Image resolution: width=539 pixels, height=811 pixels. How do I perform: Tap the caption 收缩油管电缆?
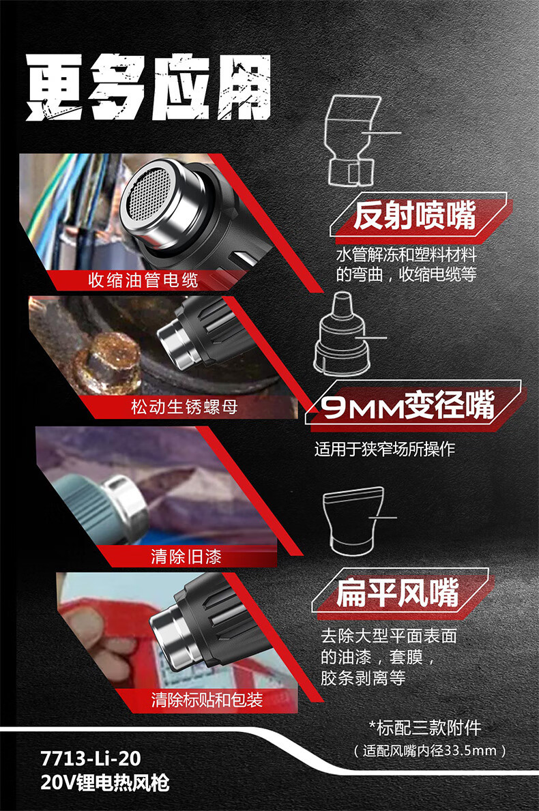(143, 280)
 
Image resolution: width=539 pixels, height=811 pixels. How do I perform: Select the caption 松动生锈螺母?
(184, 407)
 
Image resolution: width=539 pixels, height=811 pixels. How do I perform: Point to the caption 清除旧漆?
(186, 557)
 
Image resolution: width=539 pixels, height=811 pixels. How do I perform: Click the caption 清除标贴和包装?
(207, 700)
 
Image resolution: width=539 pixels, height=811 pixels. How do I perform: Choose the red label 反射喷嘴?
(415, 216)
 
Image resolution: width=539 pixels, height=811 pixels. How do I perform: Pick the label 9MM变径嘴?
(407, 405)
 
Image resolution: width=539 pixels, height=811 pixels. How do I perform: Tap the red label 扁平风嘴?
(397, 592)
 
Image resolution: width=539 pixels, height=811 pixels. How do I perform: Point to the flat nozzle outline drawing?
(353, 520)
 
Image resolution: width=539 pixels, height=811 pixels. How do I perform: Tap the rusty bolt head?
(112, 361)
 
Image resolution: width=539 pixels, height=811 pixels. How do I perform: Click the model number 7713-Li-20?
(91, 758)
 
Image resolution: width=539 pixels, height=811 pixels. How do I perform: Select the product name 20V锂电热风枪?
(105, 782)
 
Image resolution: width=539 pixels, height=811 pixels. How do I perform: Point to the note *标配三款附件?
(424, 728)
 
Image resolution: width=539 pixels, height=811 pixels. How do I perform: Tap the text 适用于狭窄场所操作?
(384, 448)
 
